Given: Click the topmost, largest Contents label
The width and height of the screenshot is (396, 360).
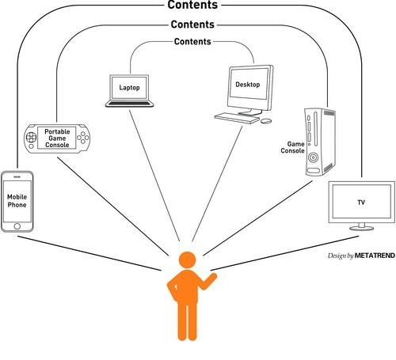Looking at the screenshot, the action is tap(192, 5).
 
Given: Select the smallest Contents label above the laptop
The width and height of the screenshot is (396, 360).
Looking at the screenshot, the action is tap(192, 41).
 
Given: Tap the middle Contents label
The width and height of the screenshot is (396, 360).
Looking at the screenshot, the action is tap(192, 25).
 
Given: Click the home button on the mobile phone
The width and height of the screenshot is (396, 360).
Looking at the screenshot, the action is tap(17, 226).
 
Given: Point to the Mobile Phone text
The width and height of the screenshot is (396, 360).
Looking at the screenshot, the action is tap(17, 201).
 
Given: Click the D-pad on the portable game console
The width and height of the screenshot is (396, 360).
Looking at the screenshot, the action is tap(31, 137).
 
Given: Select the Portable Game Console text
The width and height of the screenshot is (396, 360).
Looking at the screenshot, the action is tap(57, 138).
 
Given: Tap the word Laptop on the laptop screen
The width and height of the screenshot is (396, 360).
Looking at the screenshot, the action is tap(129, 87).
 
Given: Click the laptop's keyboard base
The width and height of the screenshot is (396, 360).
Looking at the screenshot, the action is tap(129, 104).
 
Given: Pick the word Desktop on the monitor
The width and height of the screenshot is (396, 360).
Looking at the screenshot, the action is tap(248, 85).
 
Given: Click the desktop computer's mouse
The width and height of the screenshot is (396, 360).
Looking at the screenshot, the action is tap(266, 121).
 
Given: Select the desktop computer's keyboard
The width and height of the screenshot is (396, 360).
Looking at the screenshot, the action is tap(237, 118).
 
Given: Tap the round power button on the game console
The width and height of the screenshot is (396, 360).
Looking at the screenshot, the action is tap(313, 157).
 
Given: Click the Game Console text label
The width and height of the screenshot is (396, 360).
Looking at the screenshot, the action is tap(292, 147).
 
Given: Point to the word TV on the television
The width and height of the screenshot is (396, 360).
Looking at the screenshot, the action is tap(361, 203).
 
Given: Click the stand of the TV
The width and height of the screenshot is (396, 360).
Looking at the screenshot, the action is tap(362, 227).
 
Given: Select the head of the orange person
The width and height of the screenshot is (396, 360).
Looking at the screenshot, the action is tap(188, 260).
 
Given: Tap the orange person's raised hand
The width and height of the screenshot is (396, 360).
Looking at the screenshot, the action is tap(213, 277).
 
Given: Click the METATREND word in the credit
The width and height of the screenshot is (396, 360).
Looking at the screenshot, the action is tap(375, 256).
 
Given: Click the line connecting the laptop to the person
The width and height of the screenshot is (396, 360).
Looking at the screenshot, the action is tap(154, 176).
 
